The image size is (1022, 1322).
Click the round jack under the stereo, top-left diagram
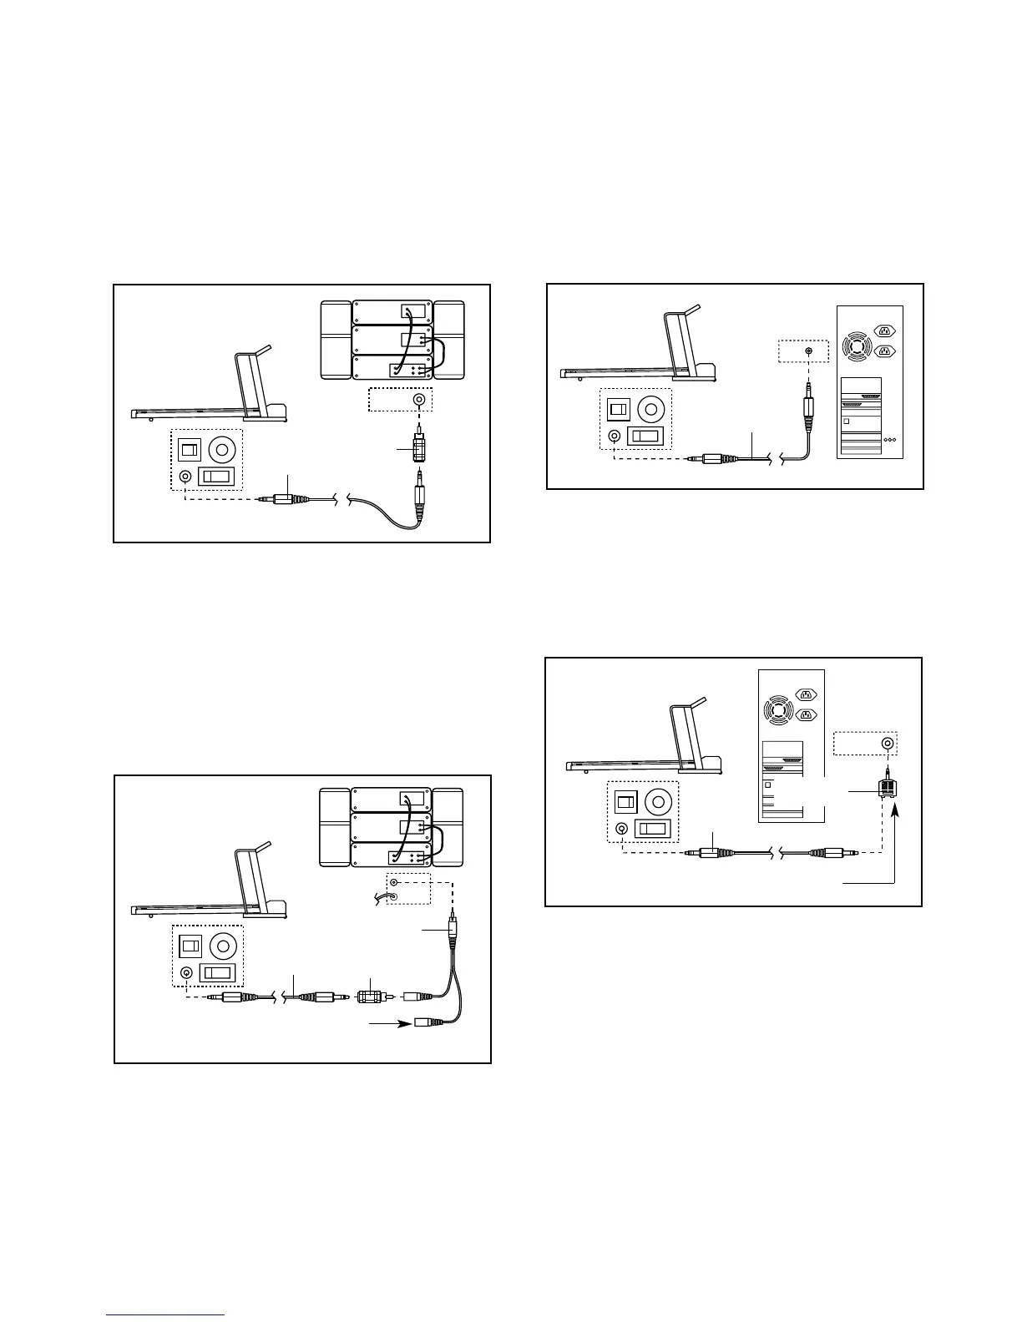419,400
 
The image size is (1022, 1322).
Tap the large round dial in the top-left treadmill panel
221,451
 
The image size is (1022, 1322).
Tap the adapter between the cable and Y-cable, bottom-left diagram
369,997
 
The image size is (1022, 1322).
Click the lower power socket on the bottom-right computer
806,714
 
